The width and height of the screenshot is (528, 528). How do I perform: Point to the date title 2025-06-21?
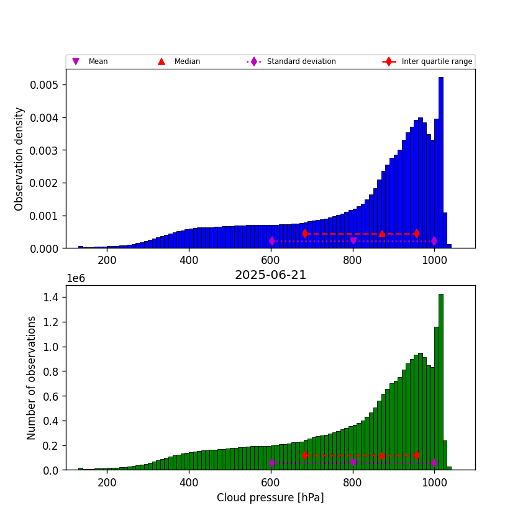click(270, 275)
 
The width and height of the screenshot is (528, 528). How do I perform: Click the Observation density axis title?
click(19, 158)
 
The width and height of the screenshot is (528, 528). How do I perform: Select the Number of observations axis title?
click(32, 378)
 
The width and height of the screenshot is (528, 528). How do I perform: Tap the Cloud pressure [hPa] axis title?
click(270, 498)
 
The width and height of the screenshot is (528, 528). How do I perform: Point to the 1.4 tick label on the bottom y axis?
click(51, 298)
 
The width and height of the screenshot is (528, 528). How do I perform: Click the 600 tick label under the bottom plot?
click(271, 482)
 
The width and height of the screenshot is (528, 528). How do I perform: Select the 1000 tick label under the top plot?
click(434, 260)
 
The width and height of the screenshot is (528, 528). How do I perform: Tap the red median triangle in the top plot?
click(381, 234)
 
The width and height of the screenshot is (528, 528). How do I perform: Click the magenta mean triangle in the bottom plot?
click(353, 463)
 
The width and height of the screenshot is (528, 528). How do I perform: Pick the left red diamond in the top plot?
click(305, 234)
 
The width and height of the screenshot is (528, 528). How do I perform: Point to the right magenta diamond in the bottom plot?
click(434, 463)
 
